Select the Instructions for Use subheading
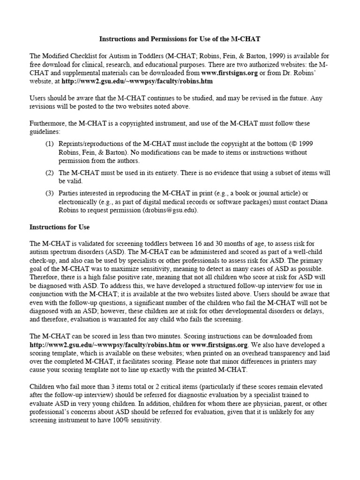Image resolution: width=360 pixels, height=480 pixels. tap(60, 227)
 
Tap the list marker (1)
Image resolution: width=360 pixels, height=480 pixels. tap(50, 143)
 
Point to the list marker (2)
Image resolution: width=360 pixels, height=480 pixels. tap(50, 172)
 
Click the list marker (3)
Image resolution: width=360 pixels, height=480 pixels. tap(50, 193)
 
